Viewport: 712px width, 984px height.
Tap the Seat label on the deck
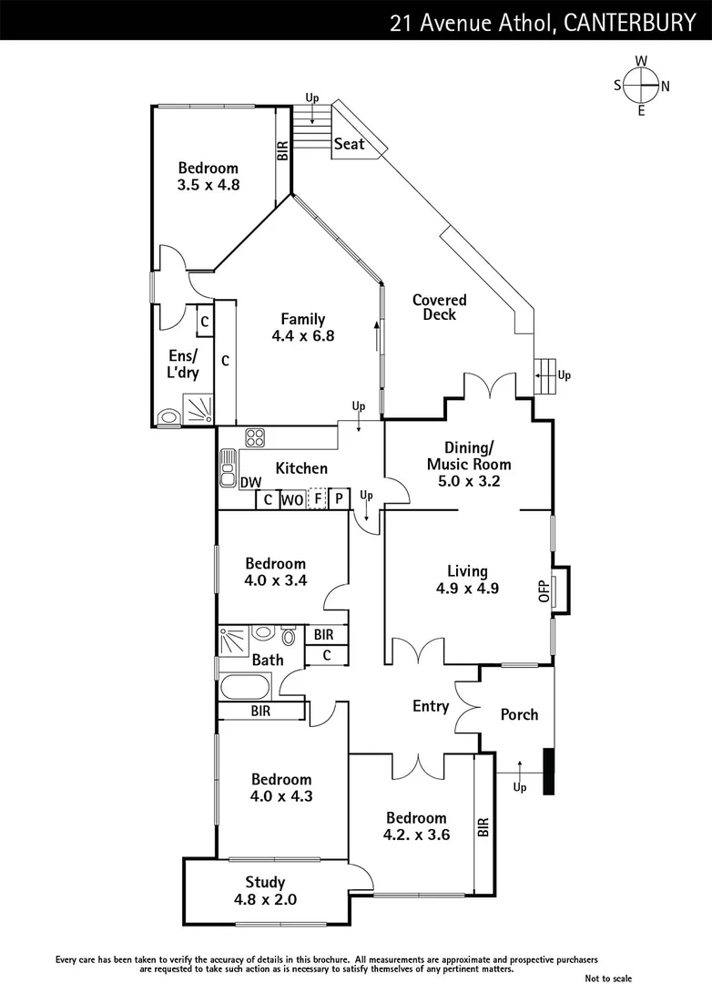pos(349,144)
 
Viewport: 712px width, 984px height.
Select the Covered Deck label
pos(439,307)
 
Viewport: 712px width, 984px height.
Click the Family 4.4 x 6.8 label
pos(302,327)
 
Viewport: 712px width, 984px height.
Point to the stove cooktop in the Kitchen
pos(254,437)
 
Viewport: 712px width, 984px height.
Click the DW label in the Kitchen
pos(250,483)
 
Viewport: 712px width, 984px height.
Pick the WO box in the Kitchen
pos(291,499)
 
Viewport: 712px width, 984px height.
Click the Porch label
pos(519,714)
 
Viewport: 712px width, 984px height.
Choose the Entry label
pos(431,706)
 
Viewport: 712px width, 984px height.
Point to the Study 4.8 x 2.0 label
pos(265,890)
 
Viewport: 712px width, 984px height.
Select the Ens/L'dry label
pos(183,364)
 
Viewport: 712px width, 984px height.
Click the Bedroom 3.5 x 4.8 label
pos(208,176)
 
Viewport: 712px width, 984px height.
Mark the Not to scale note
pos(608,978)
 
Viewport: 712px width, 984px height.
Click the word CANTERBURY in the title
pos(629,23)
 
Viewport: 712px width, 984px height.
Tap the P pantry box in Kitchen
pos(338,499)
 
